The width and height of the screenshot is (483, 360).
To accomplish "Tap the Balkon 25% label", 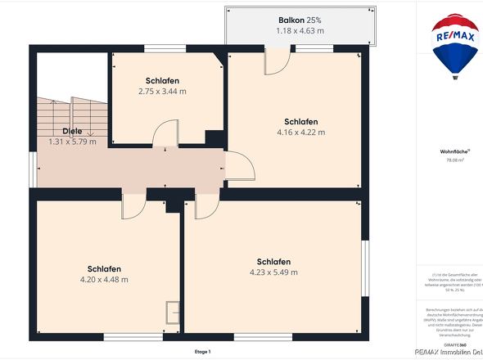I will click(x=299, y=20).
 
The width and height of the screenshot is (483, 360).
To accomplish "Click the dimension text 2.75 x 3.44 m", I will click(x=162, y=92).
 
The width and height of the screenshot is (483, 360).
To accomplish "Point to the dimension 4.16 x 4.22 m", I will click(x=301, y=132).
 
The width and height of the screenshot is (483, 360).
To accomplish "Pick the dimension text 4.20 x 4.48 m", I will click(x=105, y=280).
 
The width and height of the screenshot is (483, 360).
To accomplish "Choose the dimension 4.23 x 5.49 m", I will click(x=273, y=272).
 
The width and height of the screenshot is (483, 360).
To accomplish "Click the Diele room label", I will click(x=72, y=131).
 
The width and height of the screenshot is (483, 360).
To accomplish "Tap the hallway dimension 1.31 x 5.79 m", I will click(x=72, y=142).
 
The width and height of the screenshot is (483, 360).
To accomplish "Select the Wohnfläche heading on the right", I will click(x=453, y=152).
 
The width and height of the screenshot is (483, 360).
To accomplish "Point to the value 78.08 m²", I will click(x=454, y=161).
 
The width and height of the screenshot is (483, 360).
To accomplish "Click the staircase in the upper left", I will click(x=71, y=115).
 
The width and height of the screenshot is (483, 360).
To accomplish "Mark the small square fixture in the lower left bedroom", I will click(x=174, y=313).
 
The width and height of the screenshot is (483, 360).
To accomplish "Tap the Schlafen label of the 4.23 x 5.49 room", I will click(x=273, y=262).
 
